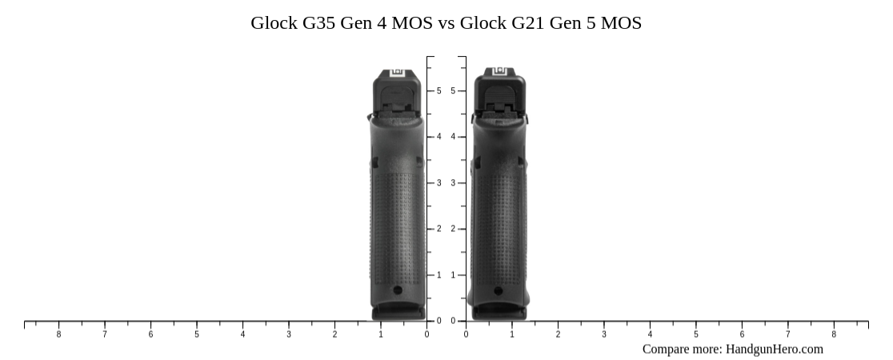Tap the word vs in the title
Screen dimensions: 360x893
pos(446,23)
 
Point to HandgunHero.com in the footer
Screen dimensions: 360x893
pos(774,349)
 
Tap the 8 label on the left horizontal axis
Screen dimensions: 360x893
pos(58,334)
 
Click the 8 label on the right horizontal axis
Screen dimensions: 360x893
pos(834,334)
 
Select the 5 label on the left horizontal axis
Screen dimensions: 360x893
pos(197,334)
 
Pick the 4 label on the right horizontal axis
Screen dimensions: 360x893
pos(650,334)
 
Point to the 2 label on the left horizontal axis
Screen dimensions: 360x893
pos(334,334)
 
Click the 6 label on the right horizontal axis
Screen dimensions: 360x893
pos(742,334)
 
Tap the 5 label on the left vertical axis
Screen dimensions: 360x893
pos(438,91)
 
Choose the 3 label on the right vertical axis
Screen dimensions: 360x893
pos(453,183)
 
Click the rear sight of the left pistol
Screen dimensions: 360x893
pos(397,74)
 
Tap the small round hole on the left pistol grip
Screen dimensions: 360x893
pos(398,291)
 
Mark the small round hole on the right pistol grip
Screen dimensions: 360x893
pos(499,291)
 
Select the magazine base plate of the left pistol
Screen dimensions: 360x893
pos(398,310)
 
